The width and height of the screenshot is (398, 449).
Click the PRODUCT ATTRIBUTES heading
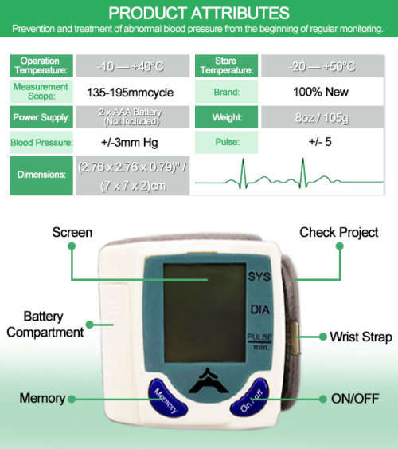(x=199, y=14)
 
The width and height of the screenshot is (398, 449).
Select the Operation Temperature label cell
(x=41, y=65)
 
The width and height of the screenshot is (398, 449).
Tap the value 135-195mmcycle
(x=131, y=93)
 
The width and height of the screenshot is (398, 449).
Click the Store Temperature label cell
(x=226, y=65)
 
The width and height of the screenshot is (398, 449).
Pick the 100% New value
(x=321, y=92)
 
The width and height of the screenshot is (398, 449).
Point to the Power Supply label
(x=41, y=117)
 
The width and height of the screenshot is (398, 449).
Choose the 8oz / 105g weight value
(x=322, y=117)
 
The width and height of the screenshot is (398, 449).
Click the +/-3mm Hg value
(x=130, y=142)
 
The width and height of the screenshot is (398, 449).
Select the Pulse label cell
(x=226, y=142)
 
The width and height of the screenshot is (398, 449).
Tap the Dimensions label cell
(x=41, y=175)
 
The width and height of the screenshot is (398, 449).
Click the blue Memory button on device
(x=166, y=397)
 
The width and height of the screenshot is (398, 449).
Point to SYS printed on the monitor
(x=259, y=276)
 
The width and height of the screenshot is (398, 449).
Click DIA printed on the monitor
(x=260, y=309)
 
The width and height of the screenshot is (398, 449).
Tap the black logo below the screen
(x=209, y=381)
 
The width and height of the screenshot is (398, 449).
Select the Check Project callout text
(x=339, y=232)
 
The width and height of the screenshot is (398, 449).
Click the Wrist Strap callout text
(x=361, y=337)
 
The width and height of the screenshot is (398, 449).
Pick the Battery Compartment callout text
(x=45, y=325)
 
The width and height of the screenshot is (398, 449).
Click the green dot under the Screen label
(x=72, y=246)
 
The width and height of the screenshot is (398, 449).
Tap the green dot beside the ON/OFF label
(x=323, y=399)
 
